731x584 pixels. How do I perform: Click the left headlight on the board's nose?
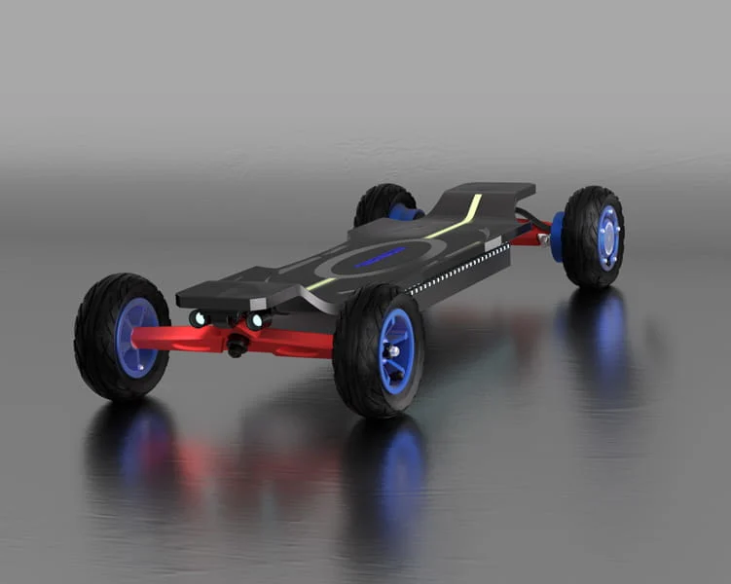199,318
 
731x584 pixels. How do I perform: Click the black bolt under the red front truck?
236,347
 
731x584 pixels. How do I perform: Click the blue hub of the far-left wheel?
137,338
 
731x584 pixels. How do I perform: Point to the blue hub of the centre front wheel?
396,351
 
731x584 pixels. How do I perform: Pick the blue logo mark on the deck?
380,258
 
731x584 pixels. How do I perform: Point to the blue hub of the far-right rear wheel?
609,237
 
